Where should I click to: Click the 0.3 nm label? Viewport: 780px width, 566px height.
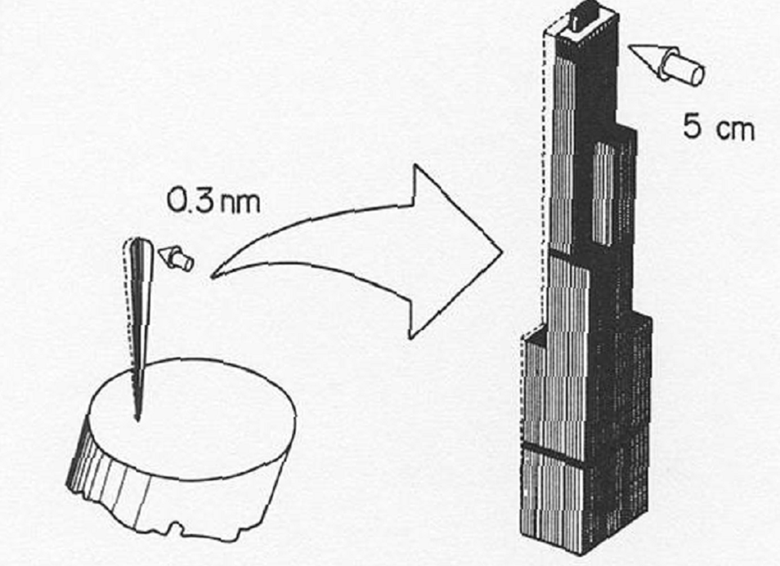click(213, 201)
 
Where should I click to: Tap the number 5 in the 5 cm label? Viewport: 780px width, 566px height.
click(693, 127)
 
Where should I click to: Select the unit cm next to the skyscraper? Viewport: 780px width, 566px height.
click(736, 130)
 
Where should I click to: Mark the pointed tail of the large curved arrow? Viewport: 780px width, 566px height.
click(213, 276)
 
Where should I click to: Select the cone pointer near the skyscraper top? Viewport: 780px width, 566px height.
click(666, 64)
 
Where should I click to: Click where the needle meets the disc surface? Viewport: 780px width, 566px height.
click(138, 418)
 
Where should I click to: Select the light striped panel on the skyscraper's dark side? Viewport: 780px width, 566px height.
click(604, 193)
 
